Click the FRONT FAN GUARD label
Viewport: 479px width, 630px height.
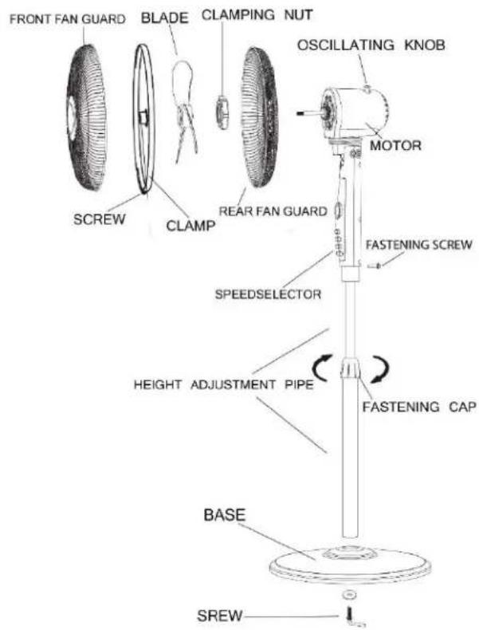coord(67,19)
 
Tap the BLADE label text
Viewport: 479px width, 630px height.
coord(165,18)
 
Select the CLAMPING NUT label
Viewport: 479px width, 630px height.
coord(257,15)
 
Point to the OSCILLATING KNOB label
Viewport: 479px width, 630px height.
coord(371,45)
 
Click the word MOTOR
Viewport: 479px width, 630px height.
coord(395,145)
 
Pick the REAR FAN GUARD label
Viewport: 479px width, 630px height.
coord(273,211)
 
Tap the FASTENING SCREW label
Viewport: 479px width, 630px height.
coord(418,244)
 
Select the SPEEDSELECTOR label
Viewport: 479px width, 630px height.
coord(268,294)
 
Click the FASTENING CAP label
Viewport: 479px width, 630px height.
coord(419,407)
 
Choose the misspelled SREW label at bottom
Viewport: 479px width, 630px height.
coord(220,615)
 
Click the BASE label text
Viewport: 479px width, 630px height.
coord(224,514)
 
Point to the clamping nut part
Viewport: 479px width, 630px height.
coord(222,112)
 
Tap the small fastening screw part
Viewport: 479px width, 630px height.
coord(375,265)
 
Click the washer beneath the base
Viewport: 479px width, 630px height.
coord(350,593)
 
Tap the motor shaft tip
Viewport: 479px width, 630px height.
coord(299,114)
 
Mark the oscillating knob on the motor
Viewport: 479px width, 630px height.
coord(367,89)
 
